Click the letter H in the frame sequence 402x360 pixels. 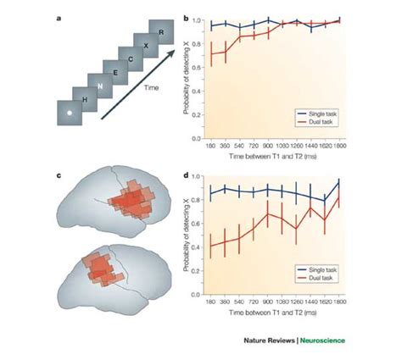click(83, 99)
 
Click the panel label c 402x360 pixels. click(57, 175)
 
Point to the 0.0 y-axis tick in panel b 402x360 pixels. click(197, 138)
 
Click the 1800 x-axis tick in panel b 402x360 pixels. click(339, 146)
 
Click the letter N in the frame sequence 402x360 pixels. click(99, 86)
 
